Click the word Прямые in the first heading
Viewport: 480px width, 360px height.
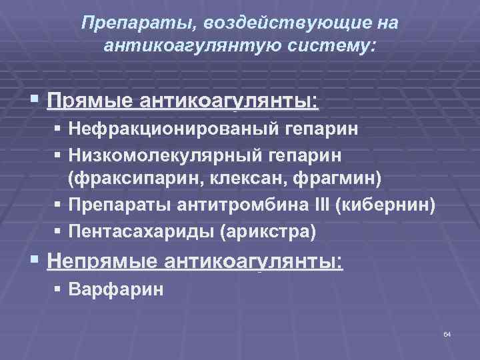[x=90, y=101]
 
